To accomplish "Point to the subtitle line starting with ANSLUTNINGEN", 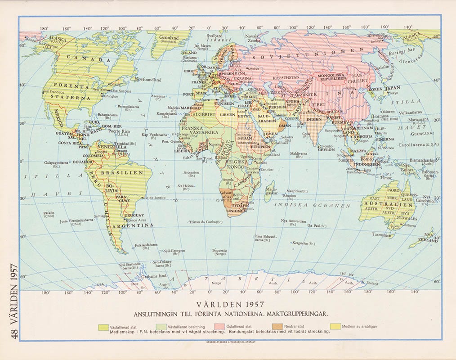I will point(230,313).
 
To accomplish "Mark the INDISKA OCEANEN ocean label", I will point(312,205).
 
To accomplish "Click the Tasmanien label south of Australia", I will point(384,234).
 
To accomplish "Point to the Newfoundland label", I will point(148,80).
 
